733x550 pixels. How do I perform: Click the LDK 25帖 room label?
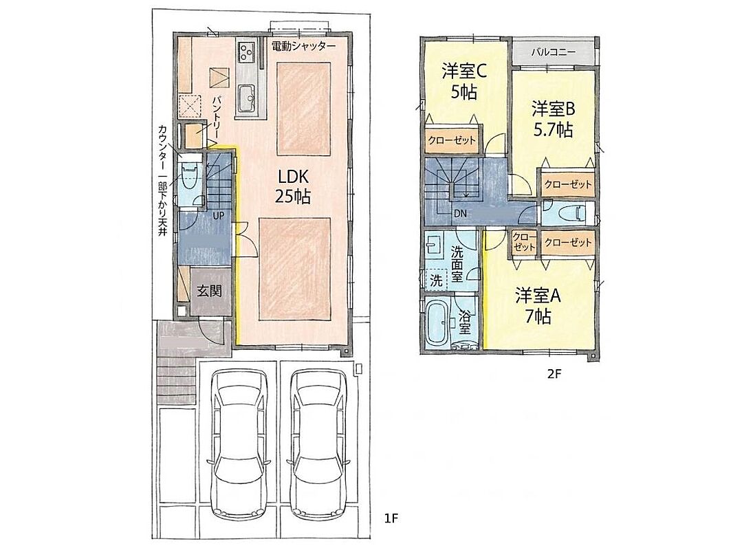[x=292, y=186]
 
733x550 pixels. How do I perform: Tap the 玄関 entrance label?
[x=209, y=291]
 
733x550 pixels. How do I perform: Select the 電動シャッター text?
[x=304, y=46]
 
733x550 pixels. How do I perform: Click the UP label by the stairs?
[x=218, y=215]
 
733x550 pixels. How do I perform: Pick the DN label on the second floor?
[x=460, y=214]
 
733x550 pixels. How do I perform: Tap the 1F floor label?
[x=391, y=518]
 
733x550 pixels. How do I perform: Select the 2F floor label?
[x=554, y=374]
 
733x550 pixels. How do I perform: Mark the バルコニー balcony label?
[x=553, y=52]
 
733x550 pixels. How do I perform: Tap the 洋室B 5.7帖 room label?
[x=553, y=119]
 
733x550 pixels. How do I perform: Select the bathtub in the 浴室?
[x=438, y=322]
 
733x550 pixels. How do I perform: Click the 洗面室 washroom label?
[x=457, y=265]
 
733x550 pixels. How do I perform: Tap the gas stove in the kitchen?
[x=247, y=51]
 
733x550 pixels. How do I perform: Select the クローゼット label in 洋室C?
[x=452, y=140]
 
